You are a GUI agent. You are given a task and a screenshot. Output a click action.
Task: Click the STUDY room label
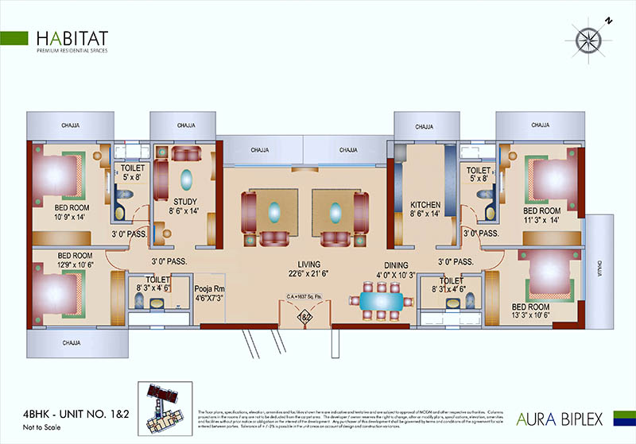pyautogui.click(x=184, y=201)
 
